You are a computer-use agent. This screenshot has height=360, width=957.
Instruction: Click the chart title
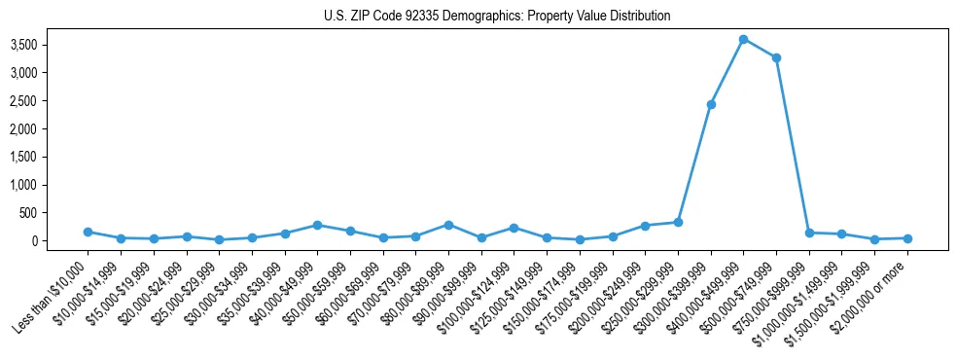[x=497, y=16]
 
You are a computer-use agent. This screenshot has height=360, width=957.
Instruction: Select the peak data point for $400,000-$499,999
[x=743, y=39]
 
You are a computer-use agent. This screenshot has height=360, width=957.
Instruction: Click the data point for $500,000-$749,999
[x=776, y=57]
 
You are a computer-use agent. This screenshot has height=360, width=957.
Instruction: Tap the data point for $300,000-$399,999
[x=711, y=104]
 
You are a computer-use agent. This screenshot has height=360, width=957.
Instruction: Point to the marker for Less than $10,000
[x=88, y=232]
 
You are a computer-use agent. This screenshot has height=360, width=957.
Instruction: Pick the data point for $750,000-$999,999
[x=809, y=233]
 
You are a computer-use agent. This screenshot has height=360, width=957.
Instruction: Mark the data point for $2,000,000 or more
[x=907, y=238]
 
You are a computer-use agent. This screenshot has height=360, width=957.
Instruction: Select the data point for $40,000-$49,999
[x=317, y=225]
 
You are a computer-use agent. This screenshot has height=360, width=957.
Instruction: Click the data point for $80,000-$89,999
[x=448, y=225]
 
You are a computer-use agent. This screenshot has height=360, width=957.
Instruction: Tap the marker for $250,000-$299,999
[x=678, y=222]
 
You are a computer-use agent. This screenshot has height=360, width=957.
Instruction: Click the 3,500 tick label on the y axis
[x=50, y=45]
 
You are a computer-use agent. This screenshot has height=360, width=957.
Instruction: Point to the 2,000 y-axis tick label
[x=50, y=128]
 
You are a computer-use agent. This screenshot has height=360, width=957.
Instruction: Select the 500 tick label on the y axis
[x=56, y=213]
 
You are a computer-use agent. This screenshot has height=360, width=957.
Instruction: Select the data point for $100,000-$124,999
[x=514, y=228]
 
